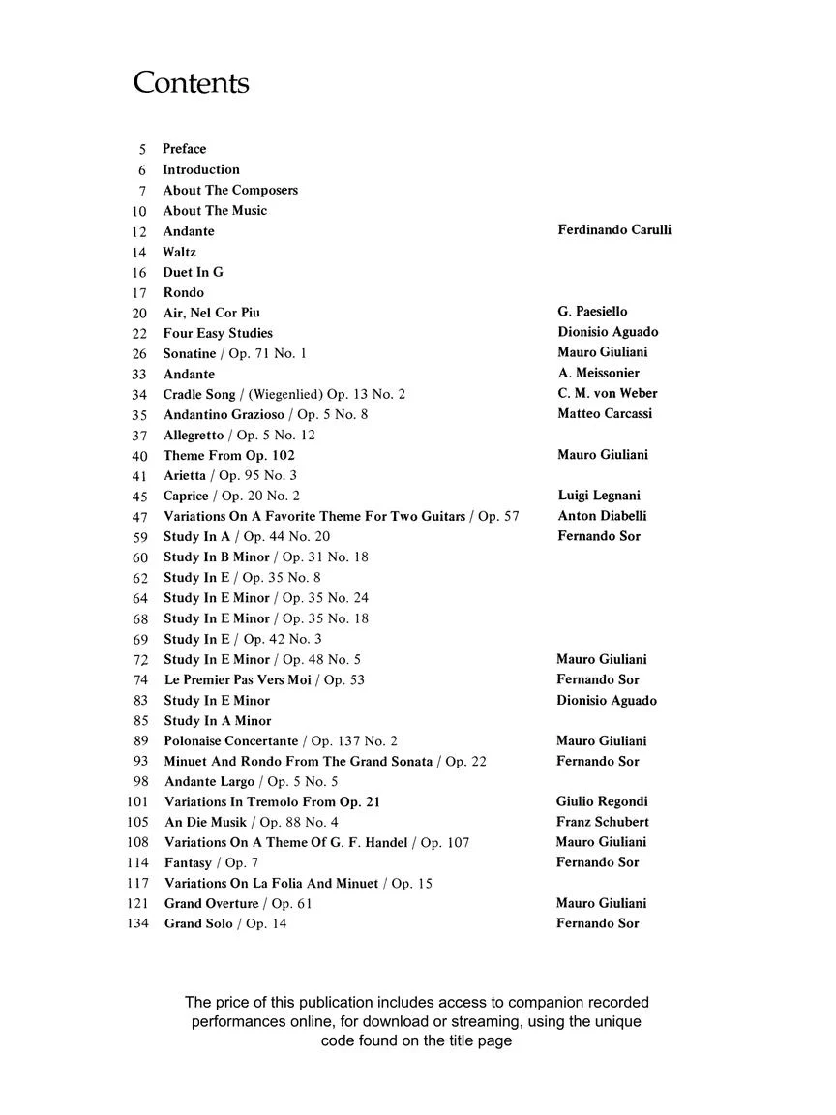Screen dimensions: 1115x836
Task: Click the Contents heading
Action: pos(191,83)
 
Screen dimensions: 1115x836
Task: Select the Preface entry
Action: pos(184,149)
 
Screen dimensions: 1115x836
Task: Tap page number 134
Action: pos(138,924)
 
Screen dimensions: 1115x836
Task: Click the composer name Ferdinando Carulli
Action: pos(614,230)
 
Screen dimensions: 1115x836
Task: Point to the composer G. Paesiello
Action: pos(592,312)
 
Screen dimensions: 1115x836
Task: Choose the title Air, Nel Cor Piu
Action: pos(211,313)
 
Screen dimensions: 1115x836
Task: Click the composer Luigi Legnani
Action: pos(599,496)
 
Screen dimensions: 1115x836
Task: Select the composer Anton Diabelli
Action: pos(602,516)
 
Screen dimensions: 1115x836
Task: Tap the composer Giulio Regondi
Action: pos(602,801)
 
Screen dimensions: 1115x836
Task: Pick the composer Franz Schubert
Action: pos(602,822)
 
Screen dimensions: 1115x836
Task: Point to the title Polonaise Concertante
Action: pos(231,741)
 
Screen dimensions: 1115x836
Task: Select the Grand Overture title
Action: pos(211,904)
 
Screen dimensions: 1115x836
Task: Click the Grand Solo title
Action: pos(198,924)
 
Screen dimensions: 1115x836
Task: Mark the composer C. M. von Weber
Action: pos(608,393)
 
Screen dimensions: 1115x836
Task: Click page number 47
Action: pos(140,517)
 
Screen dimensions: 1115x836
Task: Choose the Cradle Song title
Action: pos(198,395)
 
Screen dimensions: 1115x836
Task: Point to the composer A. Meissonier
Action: pos(598,373)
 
